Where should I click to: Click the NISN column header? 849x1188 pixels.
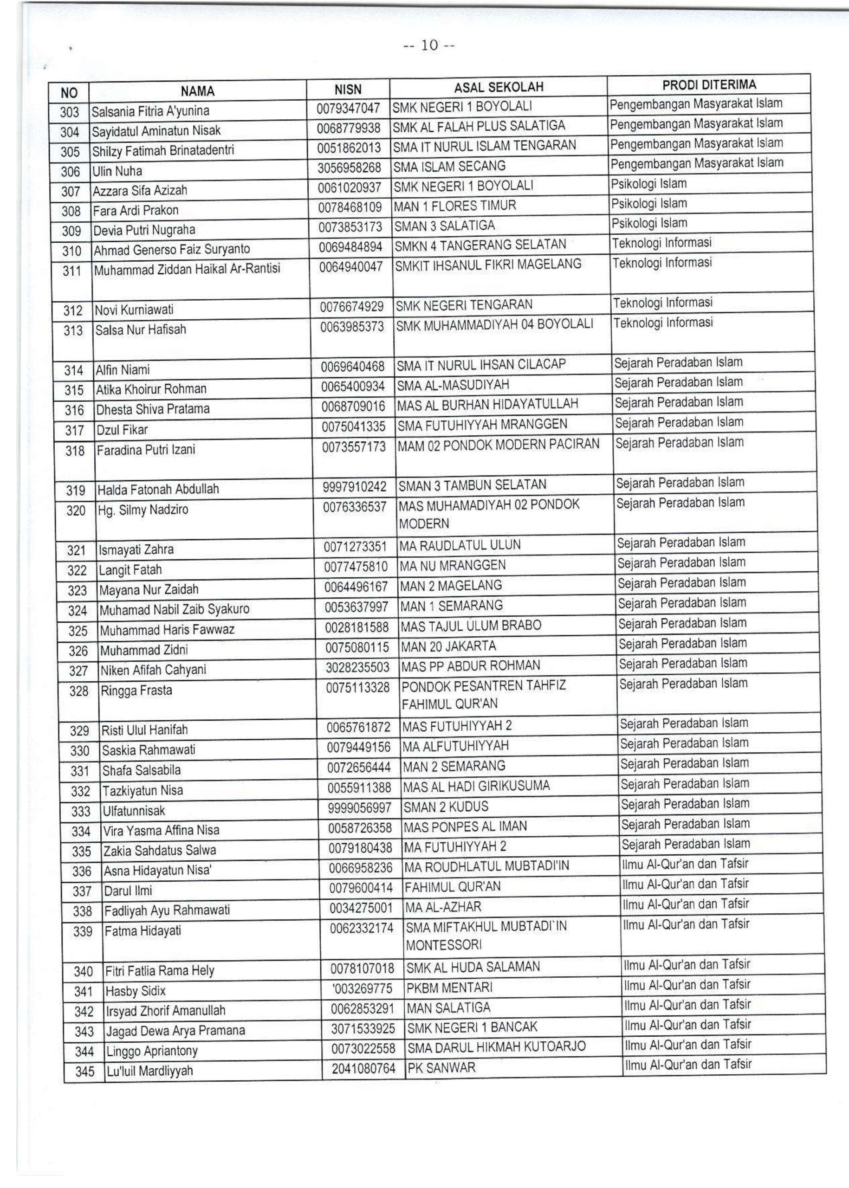[348, 90]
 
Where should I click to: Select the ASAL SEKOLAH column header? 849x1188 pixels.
[498, 87]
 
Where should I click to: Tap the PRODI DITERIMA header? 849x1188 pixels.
[709, 84]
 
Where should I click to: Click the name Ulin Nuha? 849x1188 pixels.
[117, 171]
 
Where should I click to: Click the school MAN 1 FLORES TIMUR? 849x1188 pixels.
[455, 206]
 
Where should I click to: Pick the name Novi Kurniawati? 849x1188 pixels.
[134, 310]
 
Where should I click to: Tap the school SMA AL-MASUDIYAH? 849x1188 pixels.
[453, 385]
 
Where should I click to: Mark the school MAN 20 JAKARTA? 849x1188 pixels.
[448, 646]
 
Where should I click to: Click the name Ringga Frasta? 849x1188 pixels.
[136, 691]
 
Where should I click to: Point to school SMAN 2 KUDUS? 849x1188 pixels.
[446, 807]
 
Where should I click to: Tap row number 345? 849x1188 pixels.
[84, 1072]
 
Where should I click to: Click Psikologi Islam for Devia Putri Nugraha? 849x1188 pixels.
[649, 223]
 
